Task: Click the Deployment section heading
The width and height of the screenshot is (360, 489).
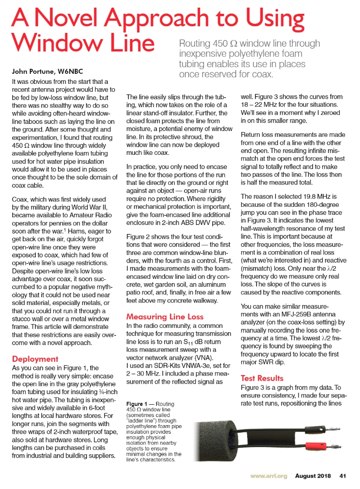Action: point(35,358)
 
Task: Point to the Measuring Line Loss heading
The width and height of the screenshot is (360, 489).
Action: point(164,316)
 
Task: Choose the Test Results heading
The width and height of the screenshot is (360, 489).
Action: point(262,378)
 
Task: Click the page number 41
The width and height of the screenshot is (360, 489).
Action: point(342,476)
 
